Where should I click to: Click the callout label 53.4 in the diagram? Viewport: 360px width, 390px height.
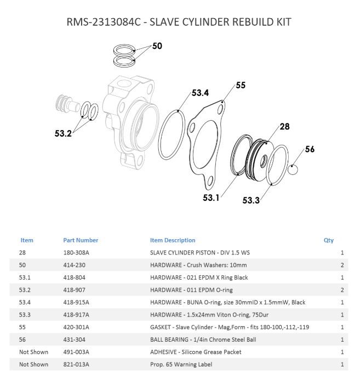pos(200,93)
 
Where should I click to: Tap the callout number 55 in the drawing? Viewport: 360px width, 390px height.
pos(241,85)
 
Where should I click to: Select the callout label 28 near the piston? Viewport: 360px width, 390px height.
pos(284,126)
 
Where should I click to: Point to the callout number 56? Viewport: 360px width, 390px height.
pos(310,149)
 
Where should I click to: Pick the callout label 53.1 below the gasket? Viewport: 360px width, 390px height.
pos(212,197)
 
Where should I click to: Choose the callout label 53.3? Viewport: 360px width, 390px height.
pos(251,200)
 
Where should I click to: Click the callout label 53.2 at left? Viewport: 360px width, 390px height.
pos(64,133)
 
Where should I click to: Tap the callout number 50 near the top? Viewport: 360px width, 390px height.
pos(157,46)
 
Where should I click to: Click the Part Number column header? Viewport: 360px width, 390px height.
pos(81,240)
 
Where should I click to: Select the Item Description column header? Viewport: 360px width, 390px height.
pos(173,240)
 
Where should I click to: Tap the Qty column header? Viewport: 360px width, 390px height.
pos(329,240)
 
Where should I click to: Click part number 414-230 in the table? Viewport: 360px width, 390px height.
pos(75,265)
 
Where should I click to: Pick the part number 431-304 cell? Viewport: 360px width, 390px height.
pos(75,340)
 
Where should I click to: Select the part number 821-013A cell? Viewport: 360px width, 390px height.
pos(76,364)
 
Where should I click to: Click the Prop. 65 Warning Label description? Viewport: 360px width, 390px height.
pos(181,364)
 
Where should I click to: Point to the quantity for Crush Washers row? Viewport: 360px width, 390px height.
pos(342,265)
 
